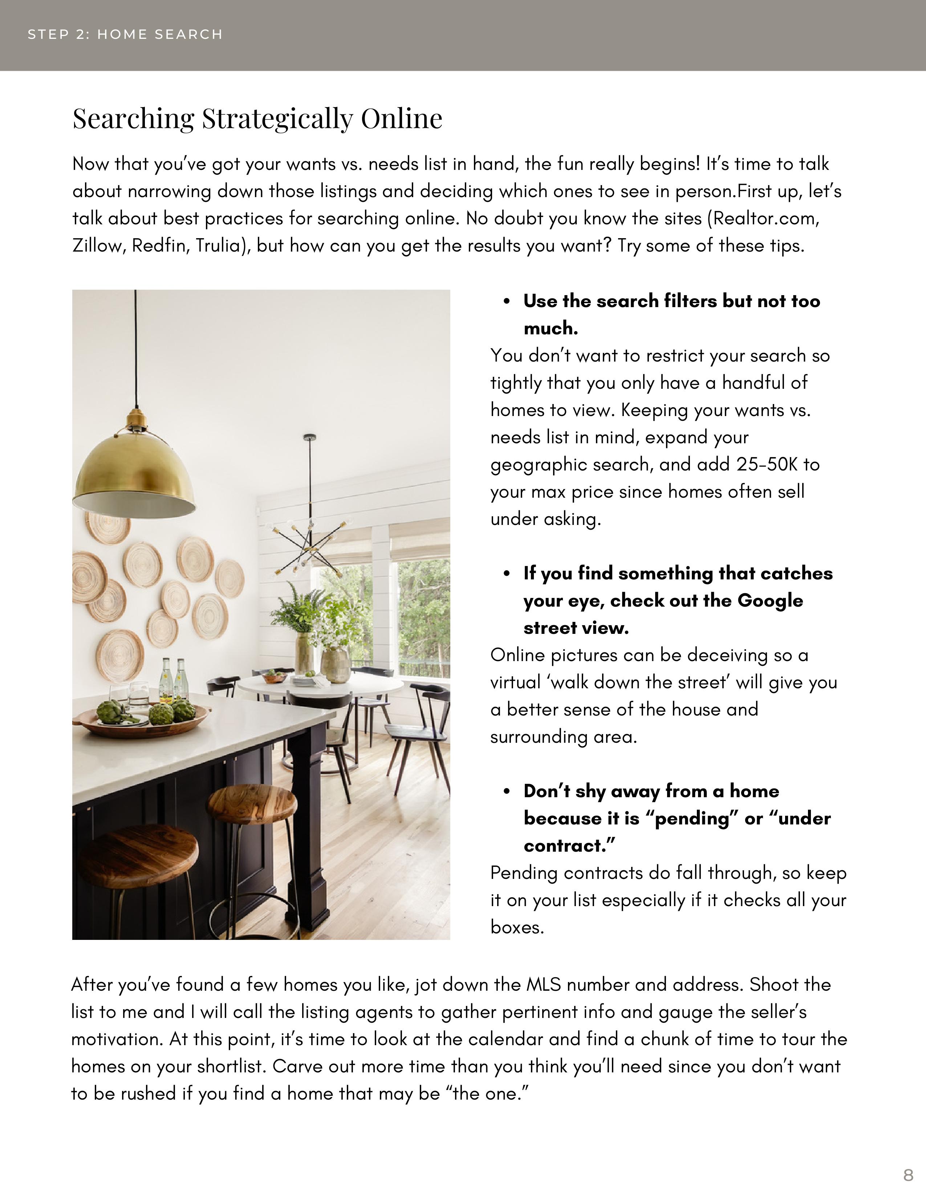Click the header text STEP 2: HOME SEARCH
click(125, 34)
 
